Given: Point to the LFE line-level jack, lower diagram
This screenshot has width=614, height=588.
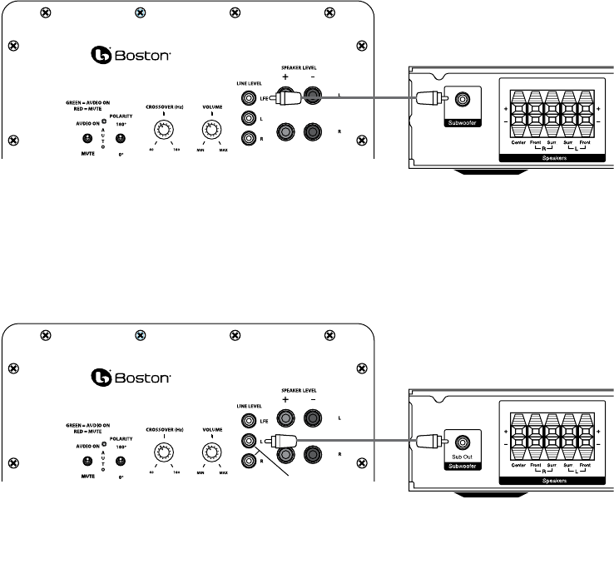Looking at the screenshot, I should (247, 420).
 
